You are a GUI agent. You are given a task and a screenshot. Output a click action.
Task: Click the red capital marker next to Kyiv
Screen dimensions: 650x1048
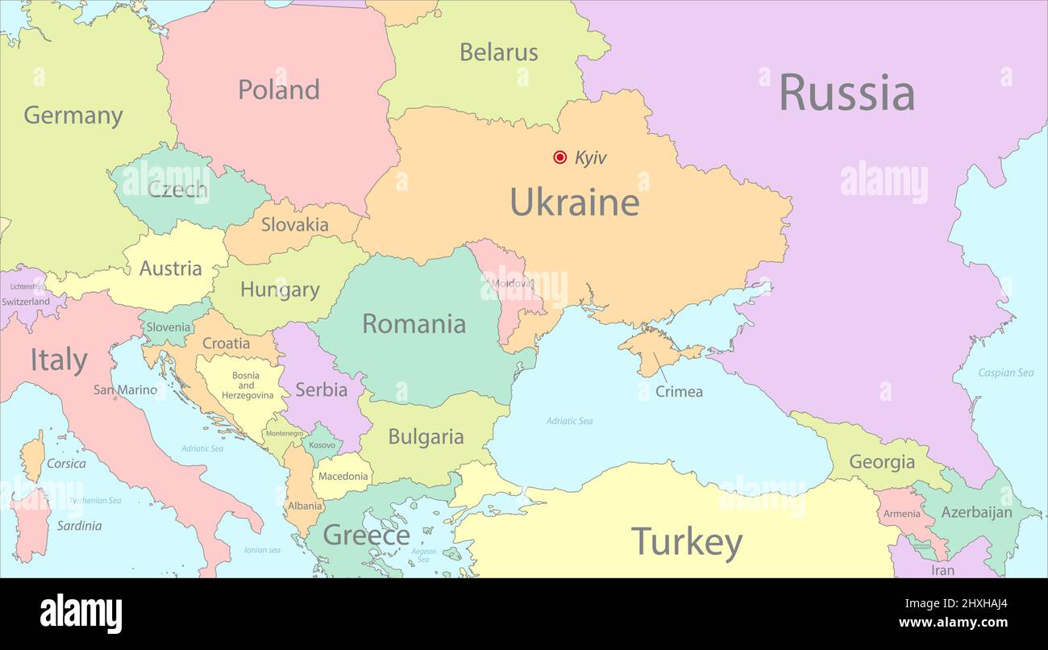pos(559,157)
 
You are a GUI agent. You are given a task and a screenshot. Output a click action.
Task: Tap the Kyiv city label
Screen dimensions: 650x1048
pos(590,158)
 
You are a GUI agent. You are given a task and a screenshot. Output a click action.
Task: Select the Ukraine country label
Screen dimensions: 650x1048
pos(574,202)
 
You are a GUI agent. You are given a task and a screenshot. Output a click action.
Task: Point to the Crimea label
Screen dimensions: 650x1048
pos(679,392)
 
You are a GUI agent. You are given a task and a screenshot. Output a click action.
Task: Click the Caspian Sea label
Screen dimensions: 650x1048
pos(1005,373)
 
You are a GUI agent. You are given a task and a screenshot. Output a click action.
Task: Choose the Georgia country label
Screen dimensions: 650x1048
pos(882,462)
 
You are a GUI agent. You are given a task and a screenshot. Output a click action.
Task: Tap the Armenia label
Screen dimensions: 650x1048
pos(901,514)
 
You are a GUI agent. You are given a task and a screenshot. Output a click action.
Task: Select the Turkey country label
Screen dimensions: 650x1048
pos(686,542)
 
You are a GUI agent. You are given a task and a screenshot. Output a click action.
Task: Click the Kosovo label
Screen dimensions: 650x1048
pos(322,445)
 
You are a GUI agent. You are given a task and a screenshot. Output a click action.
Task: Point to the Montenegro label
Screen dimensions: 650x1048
pos(285,433)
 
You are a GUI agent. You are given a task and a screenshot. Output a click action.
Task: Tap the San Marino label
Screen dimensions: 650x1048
pos(125,390)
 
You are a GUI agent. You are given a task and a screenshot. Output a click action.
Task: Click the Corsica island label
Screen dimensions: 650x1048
pos(66,464)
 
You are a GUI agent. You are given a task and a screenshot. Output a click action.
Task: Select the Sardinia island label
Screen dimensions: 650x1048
pos(79,526)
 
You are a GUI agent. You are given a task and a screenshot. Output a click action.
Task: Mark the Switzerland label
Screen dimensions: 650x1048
pos(26,302)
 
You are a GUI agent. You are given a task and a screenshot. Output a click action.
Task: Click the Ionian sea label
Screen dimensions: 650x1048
pos(262,550)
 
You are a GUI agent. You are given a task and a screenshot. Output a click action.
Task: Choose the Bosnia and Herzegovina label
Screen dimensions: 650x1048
pos(246,385)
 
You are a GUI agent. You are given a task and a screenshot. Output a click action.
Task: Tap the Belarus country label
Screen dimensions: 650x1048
pos(498,52)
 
